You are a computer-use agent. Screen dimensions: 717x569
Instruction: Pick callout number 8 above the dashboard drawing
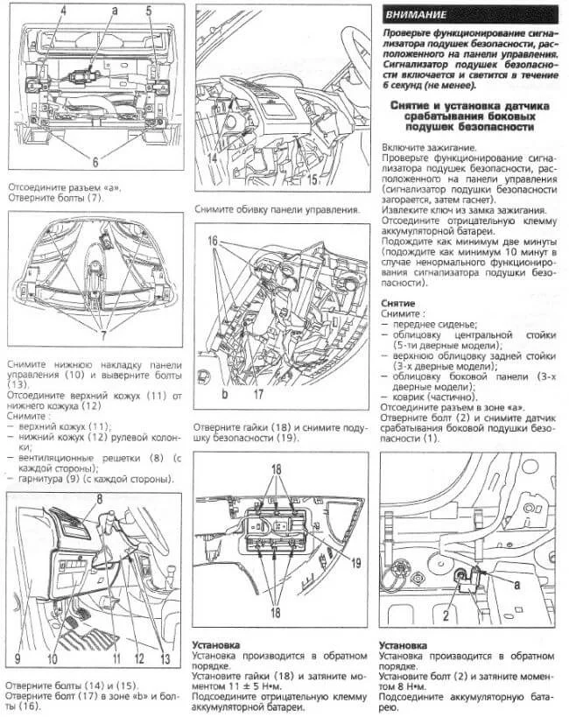[x=99, y=496]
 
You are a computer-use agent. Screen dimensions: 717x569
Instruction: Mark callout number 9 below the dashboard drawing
[x=18, y=657]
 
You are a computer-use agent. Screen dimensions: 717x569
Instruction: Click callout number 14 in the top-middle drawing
[x=213, y=158]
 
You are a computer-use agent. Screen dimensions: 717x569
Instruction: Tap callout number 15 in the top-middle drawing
[x=313, y=179]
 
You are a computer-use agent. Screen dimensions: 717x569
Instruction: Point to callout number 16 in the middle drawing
[x=212, y=240]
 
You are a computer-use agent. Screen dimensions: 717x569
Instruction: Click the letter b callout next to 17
[x=225, y=396]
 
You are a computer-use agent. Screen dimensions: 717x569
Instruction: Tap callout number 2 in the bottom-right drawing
[x=446, y=616]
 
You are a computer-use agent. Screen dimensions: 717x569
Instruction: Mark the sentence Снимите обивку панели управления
[x=277, y=210]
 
